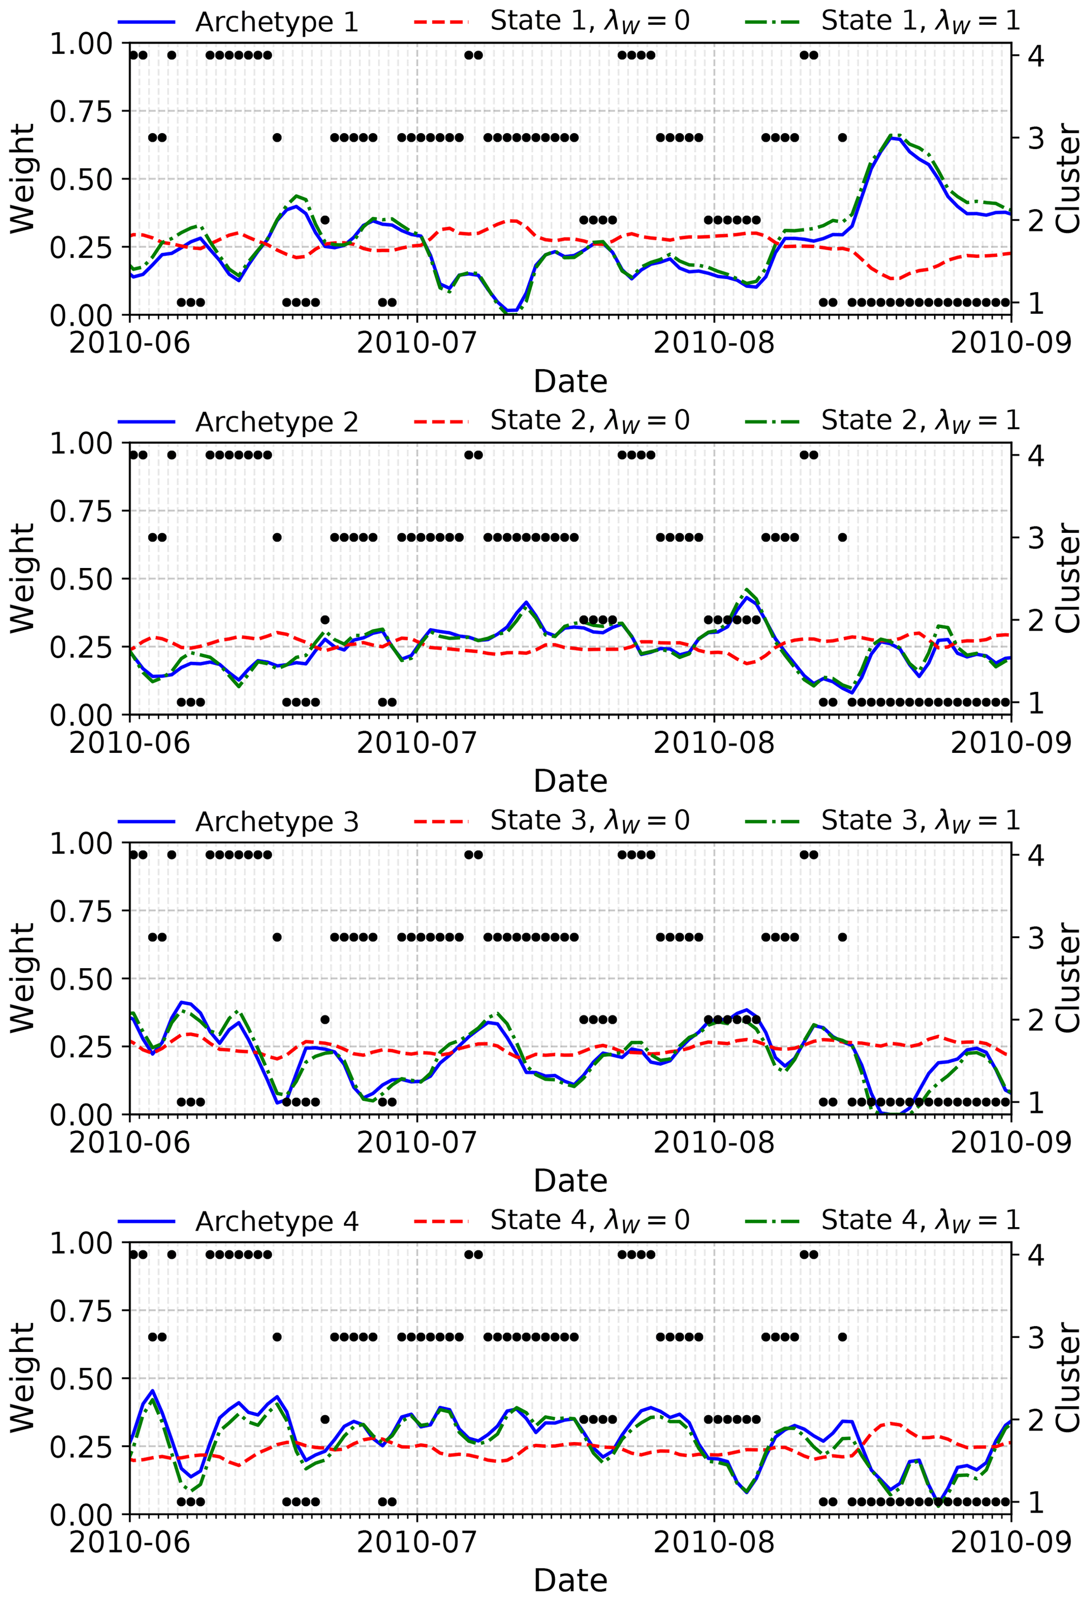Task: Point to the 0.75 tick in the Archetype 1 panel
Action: [81, 111]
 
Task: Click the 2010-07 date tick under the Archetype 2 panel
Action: [416, 743]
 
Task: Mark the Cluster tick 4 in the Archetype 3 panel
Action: [1035, 855]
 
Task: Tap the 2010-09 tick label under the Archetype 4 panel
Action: [1010, 1543]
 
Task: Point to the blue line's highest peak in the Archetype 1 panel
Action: [893, 138]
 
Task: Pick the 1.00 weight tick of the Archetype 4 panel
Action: [81, 1243]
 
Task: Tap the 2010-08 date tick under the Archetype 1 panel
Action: [713, 342]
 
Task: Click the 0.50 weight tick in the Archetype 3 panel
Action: [81, 978]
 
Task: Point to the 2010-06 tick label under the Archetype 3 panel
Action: [130, 1143]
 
